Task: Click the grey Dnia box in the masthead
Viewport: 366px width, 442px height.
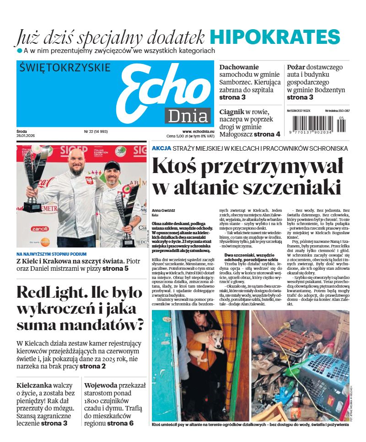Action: coord(188,116)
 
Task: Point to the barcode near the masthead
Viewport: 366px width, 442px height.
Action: coord(318,123)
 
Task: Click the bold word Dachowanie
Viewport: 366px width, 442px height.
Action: coord(239,67)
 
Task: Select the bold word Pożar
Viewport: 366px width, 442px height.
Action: coord(296,67)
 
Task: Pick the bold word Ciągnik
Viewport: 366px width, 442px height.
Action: coord(234,111)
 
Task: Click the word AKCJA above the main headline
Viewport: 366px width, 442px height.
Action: coord(161,148)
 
